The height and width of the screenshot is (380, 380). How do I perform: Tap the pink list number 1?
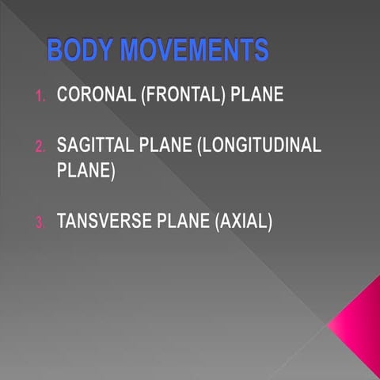coord(40,97)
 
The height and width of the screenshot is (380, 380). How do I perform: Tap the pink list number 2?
coord(40,147)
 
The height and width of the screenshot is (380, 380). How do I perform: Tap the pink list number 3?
coord(40,223)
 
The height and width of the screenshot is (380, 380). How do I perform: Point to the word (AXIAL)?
coord(243,222)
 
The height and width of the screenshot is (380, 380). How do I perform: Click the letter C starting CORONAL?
coord(63,96)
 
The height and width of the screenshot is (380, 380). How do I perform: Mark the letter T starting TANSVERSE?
coord(62,222)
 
